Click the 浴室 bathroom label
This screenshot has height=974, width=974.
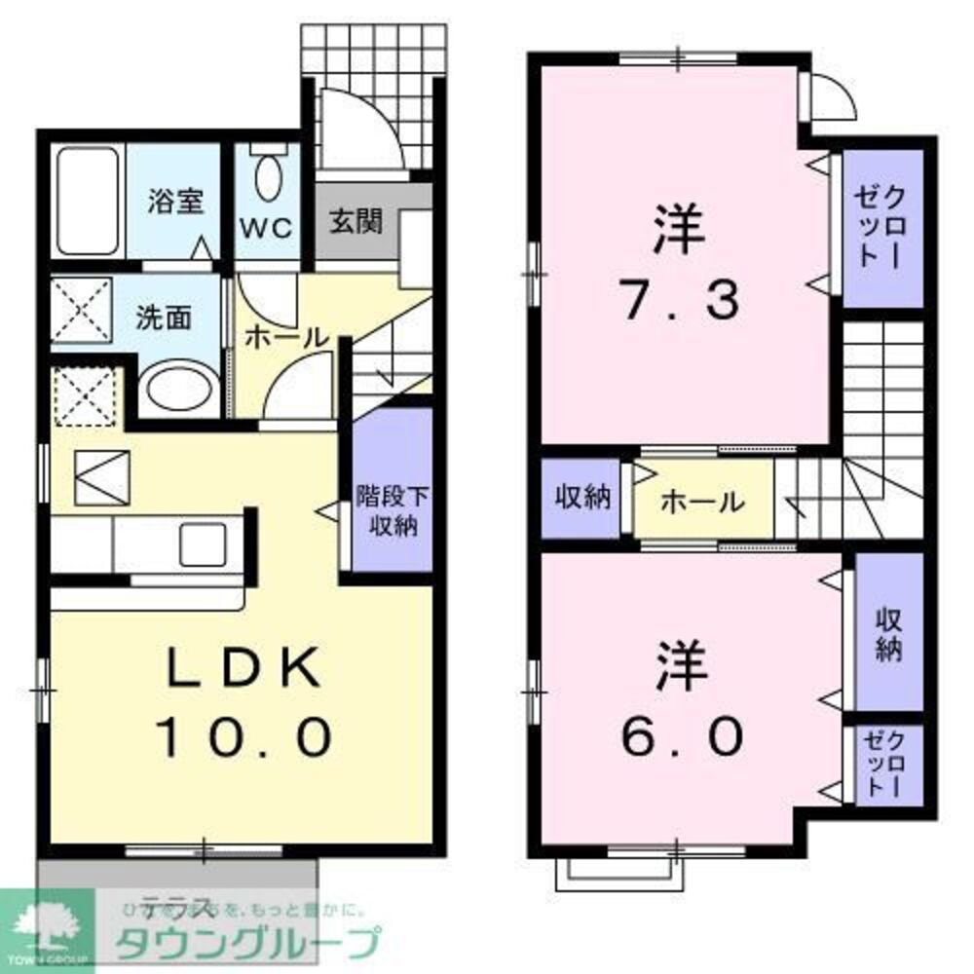click(x=175, y=203)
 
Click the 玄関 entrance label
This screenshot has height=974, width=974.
click(x=355, y=221)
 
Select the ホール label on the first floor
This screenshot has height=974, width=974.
click(x=285, y=338)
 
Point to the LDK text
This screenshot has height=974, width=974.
click(x=243, y=670)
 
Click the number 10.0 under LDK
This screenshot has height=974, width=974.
click(x=243, y=737)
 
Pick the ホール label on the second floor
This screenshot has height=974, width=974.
click(x=703, y=502)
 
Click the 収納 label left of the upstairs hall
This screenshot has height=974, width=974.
click(x=582, y=498)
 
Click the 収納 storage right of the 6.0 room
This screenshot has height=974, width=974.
click(x=886, y=633)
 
